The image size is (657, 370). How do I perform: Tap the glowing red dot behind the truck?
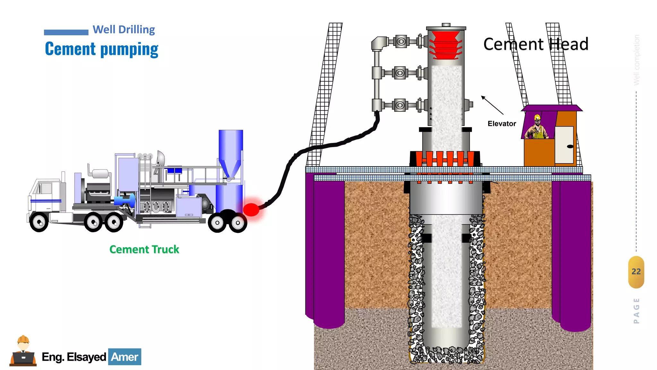point(251,209)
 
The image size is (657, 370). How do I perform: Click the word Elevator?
point(502,124)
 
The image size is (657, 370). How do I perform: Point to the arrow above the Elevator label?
point(492,105)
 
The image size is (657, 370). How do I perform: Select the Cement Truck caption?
point(144,250)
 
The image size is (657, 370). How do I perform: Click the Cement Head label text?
point(536,44)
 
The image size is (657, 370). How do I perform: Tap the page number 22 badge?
point(636,272)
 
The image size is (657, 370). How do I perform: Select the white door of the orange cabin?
point(564,145)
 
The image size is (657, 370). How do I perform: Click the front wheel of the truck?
point(39,222)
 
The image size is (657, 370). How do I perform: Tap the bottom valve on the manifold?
point(400,105)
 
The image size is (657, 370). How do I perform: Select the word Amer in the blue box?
point(124,357)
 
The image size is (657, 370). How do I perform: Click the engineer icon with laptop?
point(23,352)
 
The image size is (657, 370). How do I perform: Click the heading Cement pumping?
point(102,49)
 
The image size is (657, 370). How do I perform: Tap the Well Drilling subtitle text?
point(124,30)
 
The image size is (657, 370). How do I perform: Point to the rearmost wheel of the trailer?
point(238,223)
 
